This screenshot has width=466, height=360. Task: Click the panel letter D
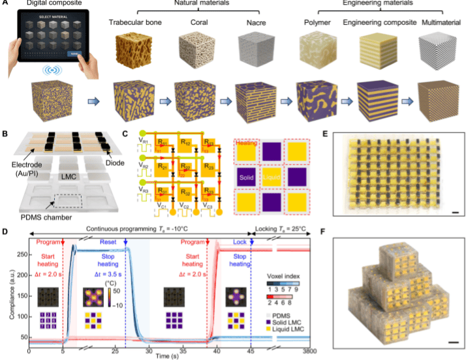tap(6, 231)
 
